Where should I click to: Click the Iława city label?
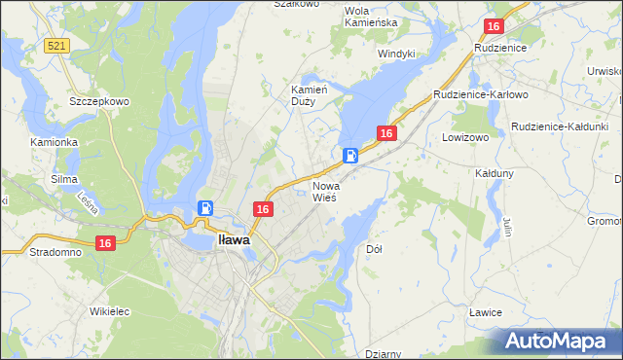click(x=234, y=238)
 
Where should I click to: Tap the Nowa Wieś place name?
click(x=324, y=191)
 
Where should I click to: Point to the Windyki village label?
click(x=396, y=54)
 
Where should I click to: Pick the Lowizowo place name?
click(x=463, y=138)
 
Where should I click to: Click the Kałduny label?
click(x=495, y=172)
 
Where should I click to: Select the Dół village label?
click(x=374, y=249)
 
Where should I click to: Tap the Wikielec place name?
click(x=109, y=312)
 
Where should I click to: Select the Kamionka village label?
click(x=54, y=142)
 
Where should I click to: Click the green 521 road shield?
click(x=55, y=46)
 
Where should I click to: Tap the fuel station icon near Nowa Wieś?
click(x=350, y=155)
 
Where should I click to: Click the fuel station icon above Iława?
click(x=205, y=207)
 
